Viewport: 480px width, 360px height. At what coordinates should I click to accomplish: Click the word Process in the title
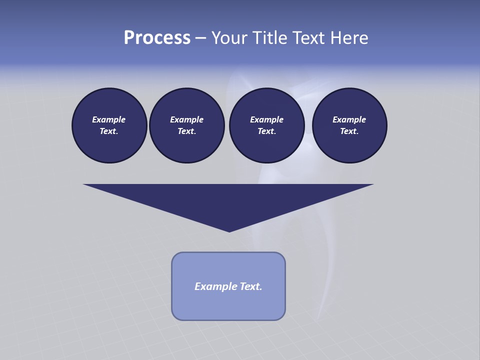click(x=157, y=38)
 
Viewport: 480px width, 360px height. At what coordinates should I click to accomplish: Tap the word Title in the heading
click(x=269, y=38)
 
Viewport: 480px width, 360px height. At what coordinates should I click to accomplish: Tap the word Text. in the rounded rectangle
click(x=251, y=286)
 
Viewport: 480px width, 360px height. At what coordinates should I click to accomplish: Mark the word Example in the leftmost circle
click(x=109, y=120)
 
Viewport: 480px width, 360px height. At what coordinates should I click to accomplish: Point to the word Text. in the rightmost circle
click(x=349, y=131)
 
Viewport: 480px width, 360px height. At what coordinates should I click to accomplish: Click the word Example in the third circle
click(x=266, y=120)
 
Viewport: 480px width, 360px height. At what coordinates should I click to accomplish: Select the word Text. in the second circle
click(x=186, y=131)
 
